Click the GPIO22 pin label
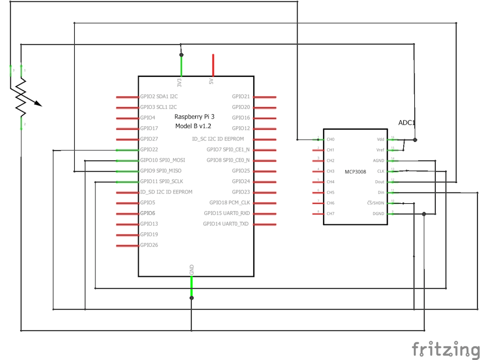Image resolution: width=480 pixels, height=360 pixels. (x=149, y=150)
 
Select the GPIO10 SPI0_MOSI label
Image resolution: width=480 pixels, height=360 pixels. (x=162, y=161)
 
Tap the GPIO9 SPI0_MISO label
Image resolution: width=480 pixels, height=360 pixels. (x=161, y=171)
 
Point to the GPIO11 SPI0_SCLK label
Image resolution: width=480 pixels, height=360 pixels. (x=162, y=182)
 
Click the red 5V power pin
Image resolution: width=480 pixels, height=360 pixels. (x=213, y=65)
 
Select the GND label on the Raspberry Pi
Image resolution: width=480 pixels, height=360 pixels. (x=192, y=270)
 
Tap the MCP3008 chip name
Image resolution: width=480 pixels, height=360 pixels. (x=355, y=172)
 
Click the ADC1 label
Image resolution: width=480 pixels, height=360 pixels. (x=407, y=123)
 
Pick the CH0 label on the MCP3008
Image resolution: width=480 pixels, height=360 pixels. (x=331, y=140)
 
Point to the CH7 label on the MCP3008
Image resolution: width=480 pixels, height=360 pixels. (x=331, y=214)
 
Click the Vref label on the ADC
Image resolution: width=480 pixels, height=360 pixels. (x=380, y=150)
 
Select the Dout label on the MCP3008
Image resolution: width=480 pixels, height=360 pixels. (x=380, y=182)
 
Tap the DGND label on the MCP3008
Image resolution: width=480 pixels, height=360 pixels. (x=379, y=214)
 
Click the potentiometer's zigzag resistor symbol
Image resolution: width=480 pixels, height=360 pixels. (x=21, y=98)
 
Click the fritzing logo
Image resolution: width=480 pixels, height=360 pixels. (x=445, y=349)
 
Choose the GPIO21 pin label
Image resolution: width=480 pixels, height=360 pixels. (x=241, y=97)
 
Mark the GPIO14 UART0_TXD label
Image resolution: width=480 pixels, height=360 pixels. (x=226, y=224)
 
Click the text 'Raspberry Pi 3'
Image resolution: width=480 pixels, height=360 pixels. (x=195, y=116)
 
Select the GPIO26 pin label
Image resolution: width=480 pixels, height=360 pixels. (x=149, y=245)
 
